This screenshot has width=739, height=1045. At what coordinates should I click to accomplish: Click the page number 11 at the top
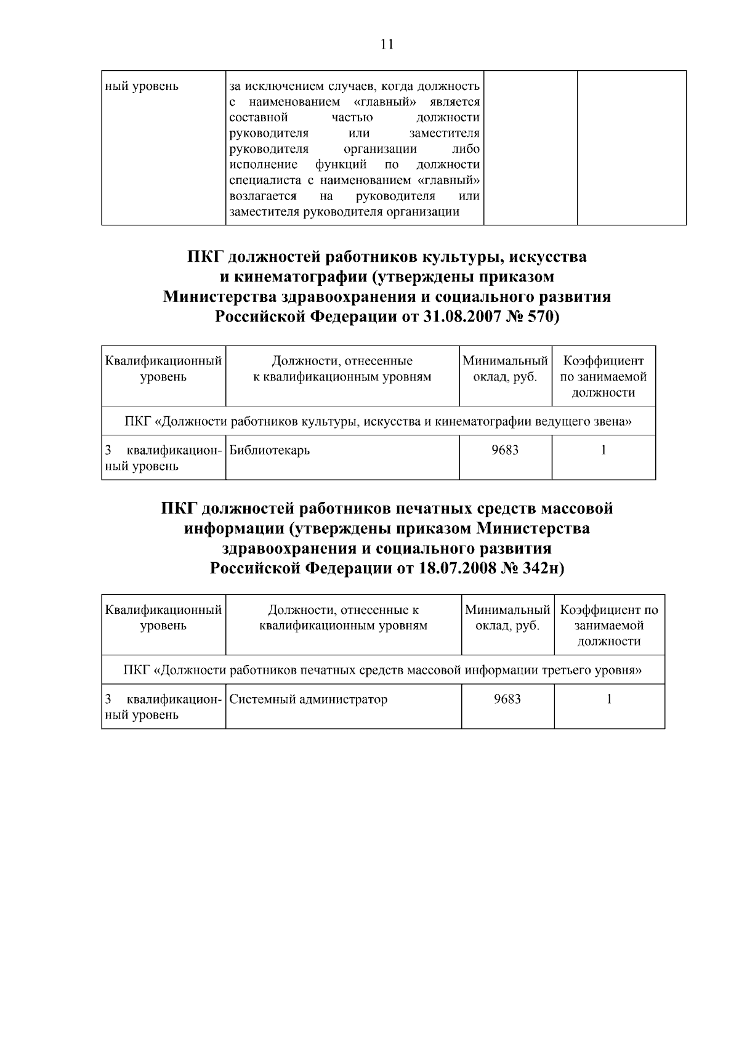click(387, 44)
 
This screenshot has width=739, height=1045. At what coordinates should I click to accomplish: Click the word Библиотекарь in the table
click(269, 450)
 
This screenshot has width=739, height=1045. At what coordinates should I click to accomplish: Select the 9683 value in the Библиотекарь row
click(505, 450)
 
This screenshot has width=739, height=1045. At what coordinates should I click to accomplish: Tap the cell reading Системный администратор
click(309, 700)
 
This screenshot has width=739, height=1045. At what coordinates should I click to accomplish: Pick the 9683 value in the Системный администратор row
click(507, 700)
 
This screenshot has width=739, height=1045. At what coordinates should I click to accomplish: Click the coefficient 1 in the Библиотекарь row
click(604, 450)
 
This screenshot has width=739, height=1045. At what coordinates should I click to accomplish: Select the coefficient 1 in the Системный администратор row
click(609, 700)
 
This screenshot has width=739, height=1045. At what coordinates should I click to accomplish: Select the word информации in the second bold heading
click(233, 529)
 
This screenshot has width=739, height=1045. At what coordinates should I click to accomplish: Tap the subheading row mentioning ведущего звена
click(378, 422)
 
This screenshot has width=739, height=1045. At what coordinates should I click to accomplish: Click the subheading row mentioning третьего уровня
click(382, 670)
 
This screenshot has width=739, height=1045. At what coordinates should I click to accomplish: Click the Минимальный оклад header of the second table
click(505, 369)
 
